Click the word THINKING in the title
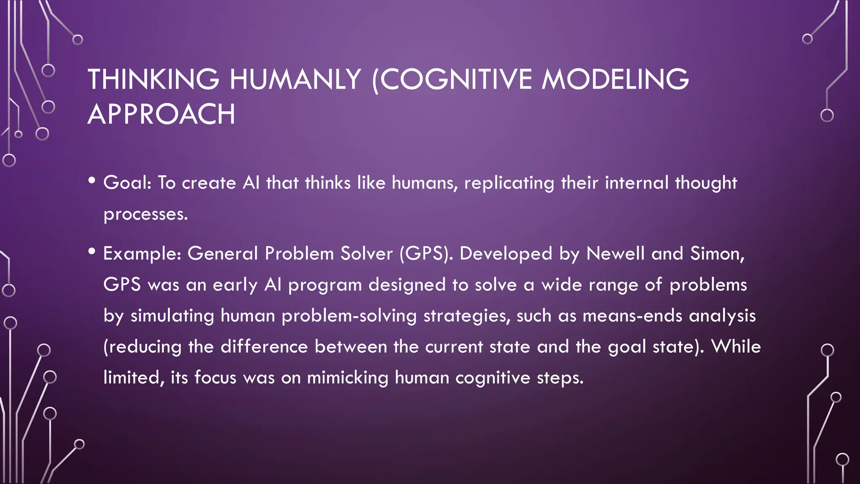(x=153, y=79)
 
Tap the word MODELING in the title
(x=615, y=79)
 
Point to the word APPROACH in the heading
(x=161, y=114)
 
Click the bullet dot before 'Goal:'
(x=92, y=181)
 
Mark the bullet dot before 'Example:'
(x=92, y=252)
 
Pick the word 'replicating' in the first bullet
(x=509, y=183)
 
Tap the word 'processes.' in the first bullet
(x=146, y=214)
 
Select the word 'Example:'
(x=142, y=254)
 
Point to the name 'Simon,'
(x=718, y=253)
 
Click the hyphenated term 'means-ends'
(x=632, y=316)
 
